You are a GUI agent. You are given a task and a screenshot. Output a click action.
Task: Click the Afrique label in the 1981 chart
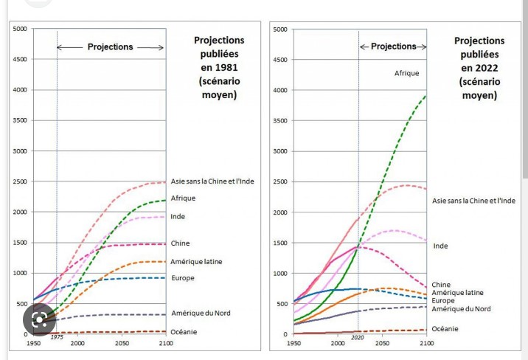pos(183,198)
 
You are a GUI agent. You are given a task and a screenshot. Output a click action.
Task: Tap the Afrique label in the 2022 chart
pos(406,73)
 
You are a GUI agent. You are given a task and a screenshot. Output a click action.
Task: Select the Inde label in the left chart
pos(178,217)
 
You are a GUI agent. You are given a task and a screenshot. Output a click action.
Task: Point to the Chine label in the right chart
pos(441,285)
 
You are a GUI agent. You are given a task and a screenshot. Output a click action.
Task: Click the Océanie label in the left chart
pos(184,332)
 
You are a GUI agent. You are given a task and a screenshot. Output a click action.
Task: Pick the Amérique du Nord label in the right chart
pos(461,309)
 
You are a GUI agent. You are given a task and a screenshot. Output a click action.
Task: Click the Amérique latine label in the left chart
pos(196,262)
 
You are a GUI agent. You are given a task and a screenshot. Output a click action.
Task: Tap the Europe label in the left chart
pos(182,278)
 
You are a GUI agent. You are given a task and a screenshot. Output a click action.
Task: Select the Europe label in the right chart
pos(443,301)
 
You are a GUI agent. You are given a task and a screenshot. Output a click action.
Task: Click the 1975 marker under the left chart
pos(57,336)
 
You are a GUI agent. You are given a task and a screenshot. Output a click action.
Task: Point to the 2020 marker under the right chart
pos(358,336)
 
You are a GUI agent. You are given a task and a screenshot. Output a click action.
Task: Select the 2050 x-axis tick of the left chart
pos(122,344)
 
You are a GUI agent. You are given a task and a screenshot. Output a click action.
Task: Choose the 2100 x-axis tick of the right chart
pos(426,344)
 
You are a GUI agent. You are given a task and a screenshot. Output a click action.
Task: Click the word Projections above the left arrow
pos(111,46)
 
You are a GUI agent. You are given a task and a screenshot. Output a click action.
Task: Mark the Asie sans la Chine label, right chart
pos(473,201)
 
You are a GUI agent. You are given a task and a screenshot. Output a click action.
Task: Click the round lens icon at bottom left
pos(39,319)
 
